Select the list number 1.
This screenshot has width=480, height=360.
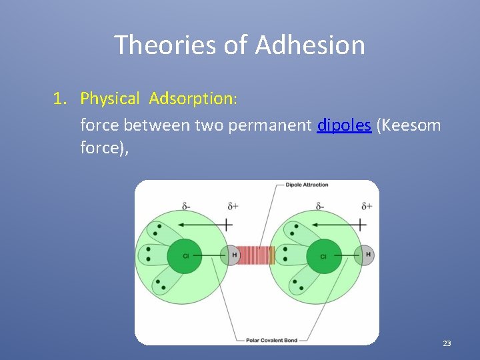pyautogui.click(x=60, y=99)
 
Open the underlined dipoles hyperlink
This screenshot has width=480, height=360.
pyautogui.click(x=344, y=125)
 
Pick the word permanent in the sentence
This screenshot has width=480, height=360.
pyautogui.click(x=271, y=125)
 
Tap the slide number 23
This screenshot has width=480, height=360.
pyautogui.click(x=447, y=343)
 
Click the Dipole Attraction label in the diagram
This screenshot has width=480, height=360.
pyautogui.click(x=307, y=185)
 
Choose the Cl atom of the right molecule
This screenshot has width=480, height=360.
pyautogui.click(x=324, y=256)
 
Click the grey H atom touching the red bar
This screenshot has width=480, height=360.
pyautogui.click(x=233, y=255)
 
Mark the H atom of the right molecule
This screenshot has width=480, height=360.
pyautogui.click(x=368, y=255)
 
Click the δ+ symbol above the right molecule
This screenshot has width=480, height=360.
pyautogui.click(x=366, y=206)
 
